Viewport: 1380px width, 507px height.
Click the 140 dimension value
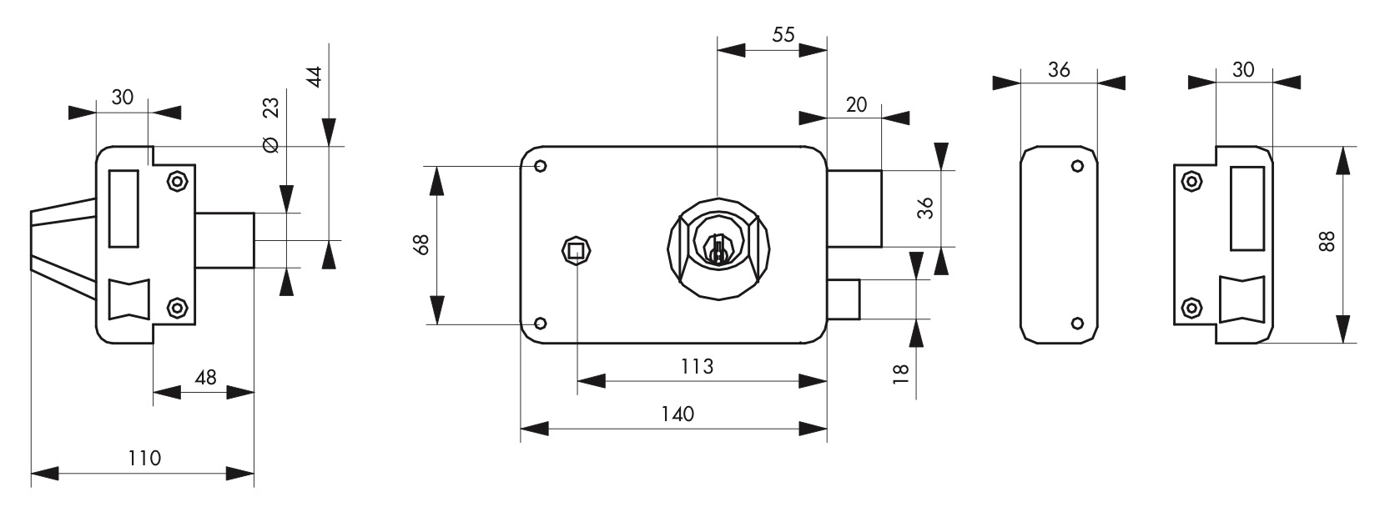click(x=677, y=414)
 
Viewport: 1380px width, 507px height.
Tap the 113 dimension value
click(x=697, y=367)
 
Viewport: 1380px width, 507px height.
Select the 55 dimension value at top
click(x=783, y=34)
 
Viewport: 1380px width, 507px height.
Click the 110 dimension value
click(x=144, y=459)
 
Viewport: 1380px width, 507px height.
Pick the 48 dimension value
click(x=205, y=377)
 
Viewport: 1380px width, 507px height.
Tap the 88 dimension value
click(x=1328, y=240)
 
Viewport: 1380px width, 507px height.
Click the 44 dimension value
click(x=315, y=77)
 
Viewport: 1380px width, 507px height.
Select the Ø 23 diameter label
click(x=271, y=125)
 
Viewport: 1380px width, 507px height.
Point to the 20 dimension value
click(x=856, y=105)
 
